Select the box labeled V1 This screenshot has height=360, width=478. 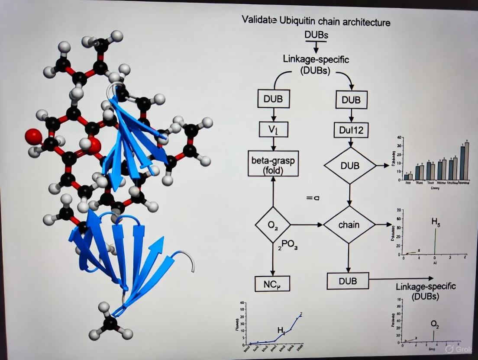click(273, 129)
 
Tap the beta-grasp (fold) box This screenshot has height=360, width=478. click(273, 164)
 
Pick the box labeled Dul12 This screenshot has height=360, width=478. click(351, 129)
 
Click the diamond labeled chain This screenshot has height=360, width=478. click(349, 225)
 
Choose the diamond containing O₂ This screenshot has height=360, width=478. click(273, 225)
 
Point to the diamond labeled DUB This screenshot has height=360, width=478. click(350, 165)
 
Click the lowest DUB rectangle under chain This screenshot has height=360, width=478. click(348, 281)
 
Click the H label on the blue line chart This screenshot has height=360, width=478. click(281, 331)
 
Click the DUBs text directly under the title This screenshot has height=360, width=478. click(317, 35)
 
